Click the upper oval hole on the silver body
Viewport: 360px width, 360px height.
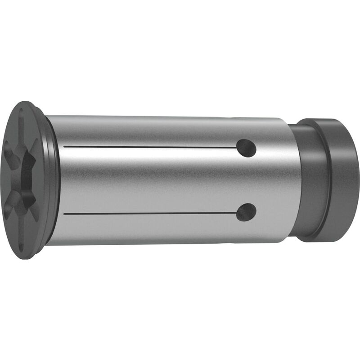[x=246, y=148]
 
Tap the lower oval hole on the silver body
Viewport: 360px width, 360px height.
[x=246, y=212]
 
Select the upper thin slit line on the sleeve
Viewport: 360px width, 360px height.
[x=148, y=147]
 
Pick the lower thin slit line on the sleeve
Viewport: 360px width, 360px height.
[x=148, y=213]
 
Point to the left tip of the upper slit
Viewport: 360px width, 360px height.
[x=64, y=147]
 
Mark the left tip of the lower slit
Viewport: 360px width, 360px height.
[x=64, y=213]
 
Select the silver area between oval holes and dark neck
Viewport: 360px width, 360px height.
[x=274, y=180]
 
